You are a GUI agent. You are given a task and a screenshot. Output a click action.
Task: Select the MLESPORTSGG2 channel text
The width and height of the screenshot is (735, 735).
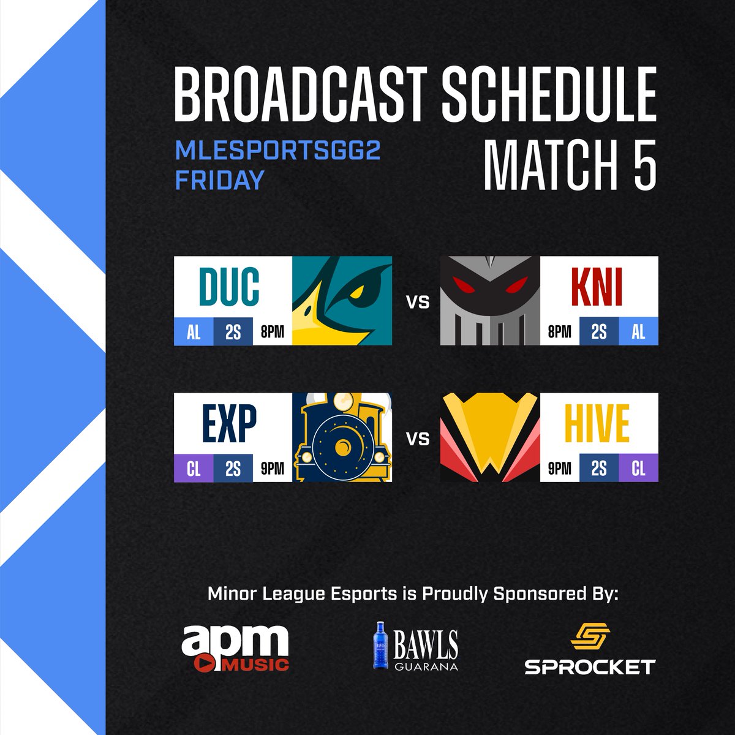coord(278,151)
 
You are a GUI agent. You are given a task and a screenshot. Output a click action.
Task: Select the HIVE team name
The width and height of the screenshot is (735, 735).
coord(598,424)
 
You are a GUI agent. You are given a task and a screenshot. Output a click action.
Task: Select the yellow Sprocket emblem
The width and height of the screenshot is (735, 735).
coord(589,638)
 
